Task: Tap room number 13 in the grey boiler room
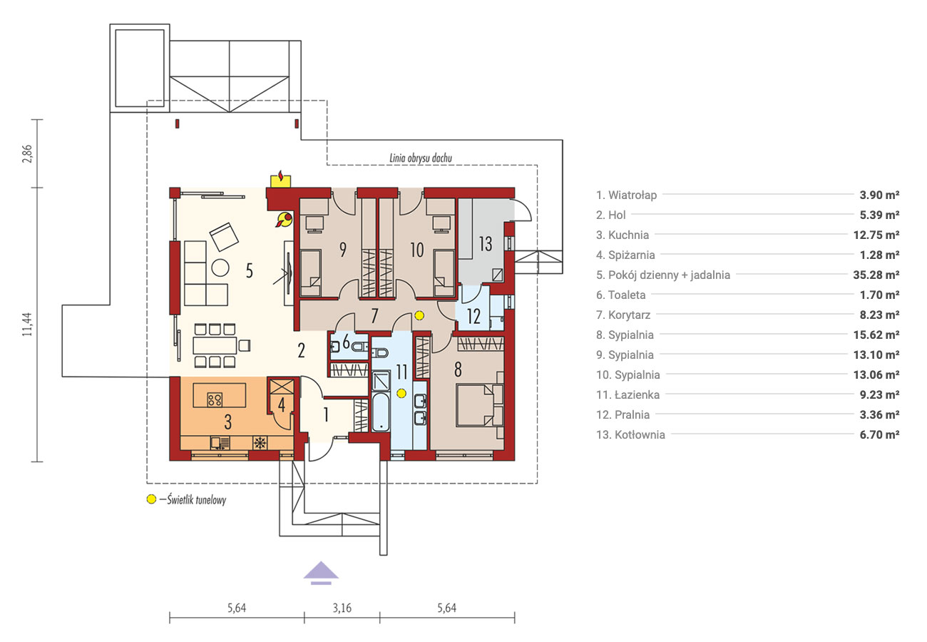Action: [486, 244]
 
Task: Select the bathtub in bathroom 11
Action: [380, 412]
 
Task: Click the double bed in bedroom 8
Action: [479, 405]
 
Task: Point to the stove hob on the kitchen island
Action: [215, 399]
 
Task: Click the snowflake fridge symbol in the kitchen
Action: [260, 443]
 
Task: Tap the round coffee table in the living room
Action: [220, 267]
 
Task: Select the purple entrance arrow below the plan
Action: [321, 573]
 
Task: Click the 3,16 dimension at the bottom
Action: [342, 608]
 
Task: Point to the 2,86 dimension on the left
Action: [27, 153]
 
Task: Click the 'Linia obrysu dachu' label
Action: [421, 158]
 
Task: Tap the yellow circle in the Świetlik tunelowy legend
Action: [151, 499]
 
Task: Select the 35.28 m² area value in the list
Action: [876, 275]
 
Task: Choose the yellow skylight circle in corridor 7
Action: [419, 315]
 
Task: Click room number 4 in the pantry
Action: [282, 405]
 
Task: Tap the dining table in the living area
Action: [215, 345]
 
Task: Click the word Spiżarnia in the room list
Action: [632, 255]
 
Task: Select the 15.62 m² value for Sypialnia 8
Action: [876, 335]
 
